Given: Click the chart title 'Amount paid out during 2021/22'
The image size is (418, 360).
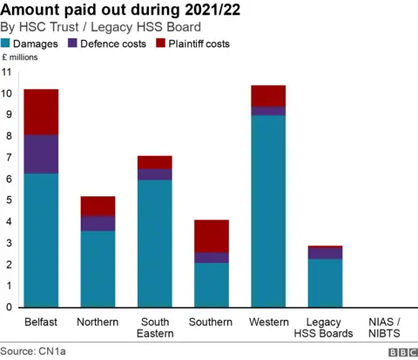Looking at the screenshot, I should coord(121,10).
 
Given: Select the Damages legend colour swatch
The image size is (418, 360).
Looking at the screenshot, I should coord(6,43).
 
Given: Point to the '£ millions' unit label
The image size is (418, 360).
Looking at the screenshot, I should coord(21,57).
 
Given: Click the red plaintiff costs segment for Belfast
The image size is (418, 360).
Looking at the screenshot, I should coord(41,112).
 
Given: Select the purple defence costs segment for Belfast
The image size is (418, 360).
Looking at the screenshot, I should coord(41,154).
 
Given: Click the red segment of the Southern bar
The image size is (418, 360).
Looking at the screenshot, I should coord(211,236).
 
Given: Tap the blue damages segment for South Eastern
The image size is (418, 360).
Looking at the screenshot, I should coord(154,243).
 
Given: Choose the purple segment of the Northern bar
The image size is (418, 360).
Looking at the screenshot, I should coord(98,223).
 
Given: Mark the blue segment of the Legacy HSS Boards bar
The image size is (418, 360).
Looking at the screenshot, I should coord(324,282).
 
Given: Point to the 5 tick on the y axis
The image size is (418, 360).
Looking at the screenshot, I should coord(9,200).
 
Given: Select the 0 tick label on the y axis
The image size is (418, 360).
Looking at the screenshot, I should coord(9,307).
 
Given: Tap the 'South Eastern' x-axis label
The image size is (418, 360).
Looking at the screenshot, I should coord(154,327).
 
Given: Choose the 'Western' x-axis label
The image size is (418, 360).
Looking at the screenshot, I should coord(267,322).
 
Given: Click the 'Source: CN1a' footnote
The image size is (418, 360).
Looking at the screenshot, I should coord(32,351).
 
